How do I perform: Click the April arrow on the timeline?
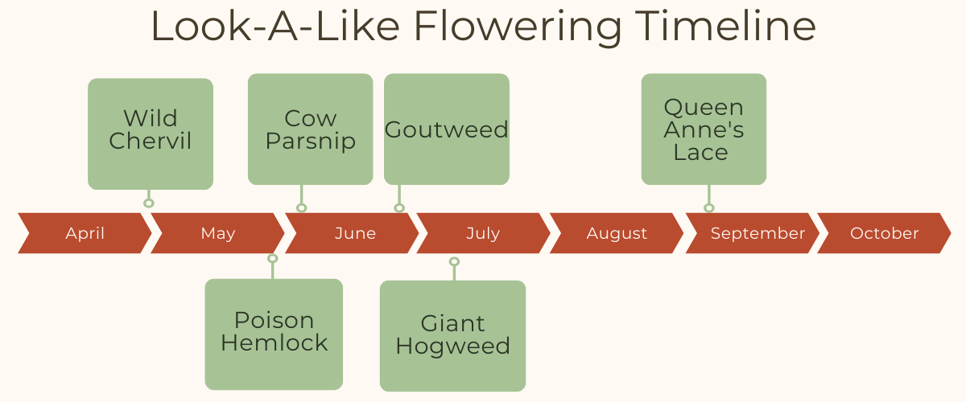click(85, 233)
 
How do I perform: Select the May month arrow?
click(218, 233)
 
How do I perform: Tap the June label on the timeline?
click(355, 233)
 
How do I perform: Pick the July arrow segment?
click(484, 233)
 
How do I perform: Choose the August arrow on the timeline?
click(617, 233)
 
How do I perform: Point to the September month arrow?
click(753, 233)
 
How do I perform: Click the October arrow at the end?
click(884, 233)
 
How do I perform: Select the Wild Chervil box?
click(151, 134)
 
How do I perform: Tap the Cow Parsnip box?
click(311, 129)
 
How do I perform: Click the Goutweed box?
click(447, 129)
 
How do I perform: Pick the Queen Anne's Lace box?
click(704, 129)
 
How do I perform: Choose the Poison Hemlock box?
click(274, 334)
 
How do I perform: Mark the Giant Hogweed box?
click(452, 336)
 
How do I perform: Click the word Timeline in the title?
click(725, 26)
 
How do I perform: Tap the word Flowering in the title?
click(518, 28)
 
